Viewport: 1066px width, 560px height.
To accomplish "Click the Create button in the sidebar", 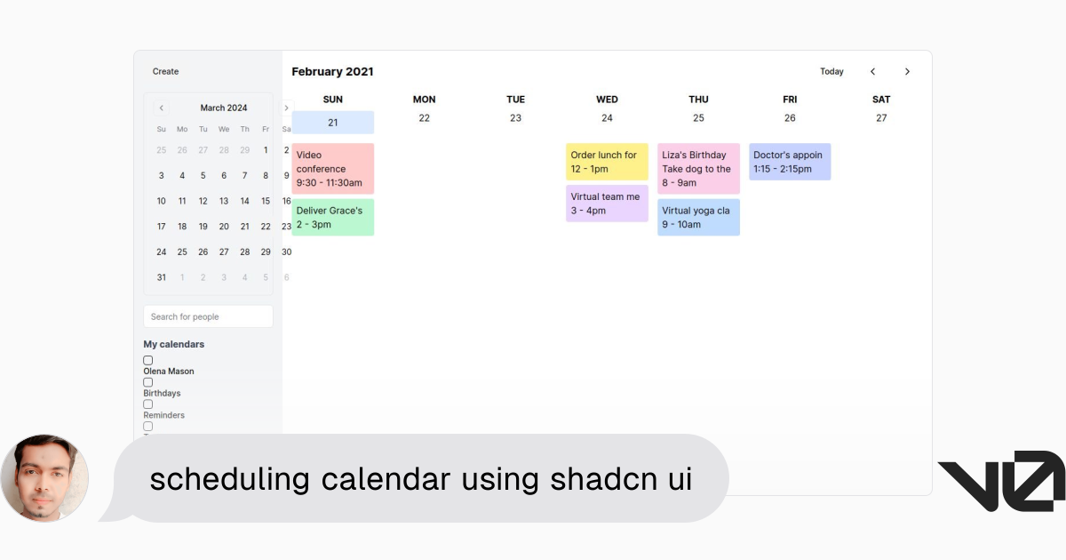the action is pos(165,71).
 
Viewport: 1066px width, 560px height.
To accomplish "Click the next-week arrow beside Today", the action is pos(907,71).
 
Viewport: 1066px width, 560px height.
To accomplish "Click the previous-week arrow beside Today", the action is pos(872,71).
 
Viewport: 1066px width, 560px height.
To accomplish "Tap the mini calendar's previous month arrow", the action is pos(162,108).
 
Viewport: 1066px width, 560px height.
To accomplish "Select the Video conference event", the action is pos(332,169).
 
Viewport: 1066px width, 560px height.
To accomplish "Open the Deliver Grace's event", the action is pos(332,217).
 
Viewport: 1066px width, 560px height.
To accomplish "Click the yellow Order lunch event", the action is pos(607,162).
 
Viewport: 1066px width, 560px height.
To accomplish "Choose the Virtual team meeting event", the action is pos(607,204).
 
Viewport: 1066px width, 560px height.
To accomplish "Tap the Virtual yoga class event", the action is pos(698,217).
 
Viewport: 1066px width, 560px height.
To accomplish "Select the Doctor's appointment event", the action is pos(790,162).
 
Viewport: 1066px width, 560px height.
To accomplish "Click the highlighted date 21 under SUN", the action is pos(332,123).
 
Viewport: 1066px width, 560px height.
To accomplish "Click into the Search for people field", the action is pos(209,316).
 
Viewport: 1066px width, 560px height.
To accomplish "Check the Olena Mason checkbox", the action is pos(148,361).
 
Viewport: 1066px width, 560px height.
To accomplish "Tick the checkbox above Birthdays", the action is pos(148,382).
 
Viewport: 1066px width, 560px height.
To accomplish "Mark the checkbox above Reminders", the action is pos(148,404).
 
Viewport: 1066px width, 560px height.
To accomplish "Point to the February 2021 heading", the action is pos(332,71).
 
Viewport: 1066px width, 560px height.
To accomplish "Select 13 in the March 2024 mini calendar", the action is pos(224,201).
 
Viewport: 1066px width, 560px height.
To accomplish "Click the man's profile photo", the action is pos(44,478).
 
